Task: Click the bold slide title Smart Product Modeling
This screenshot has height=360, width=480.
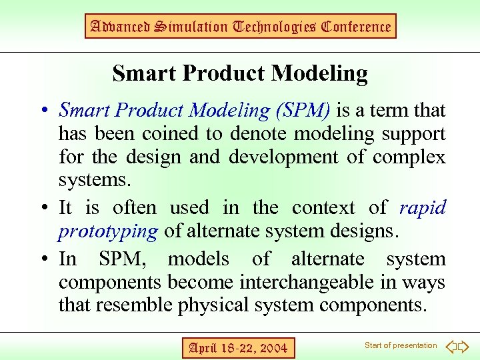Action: (x=240, y=73)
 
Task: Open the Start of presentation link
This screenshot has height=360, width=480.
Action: (x=400, y=345)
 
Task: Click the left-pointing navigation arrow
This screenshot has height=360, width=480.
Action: (x=451, y=346)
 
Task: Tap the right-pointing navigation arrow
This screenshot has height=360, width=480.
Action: (x=464, y=346)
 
